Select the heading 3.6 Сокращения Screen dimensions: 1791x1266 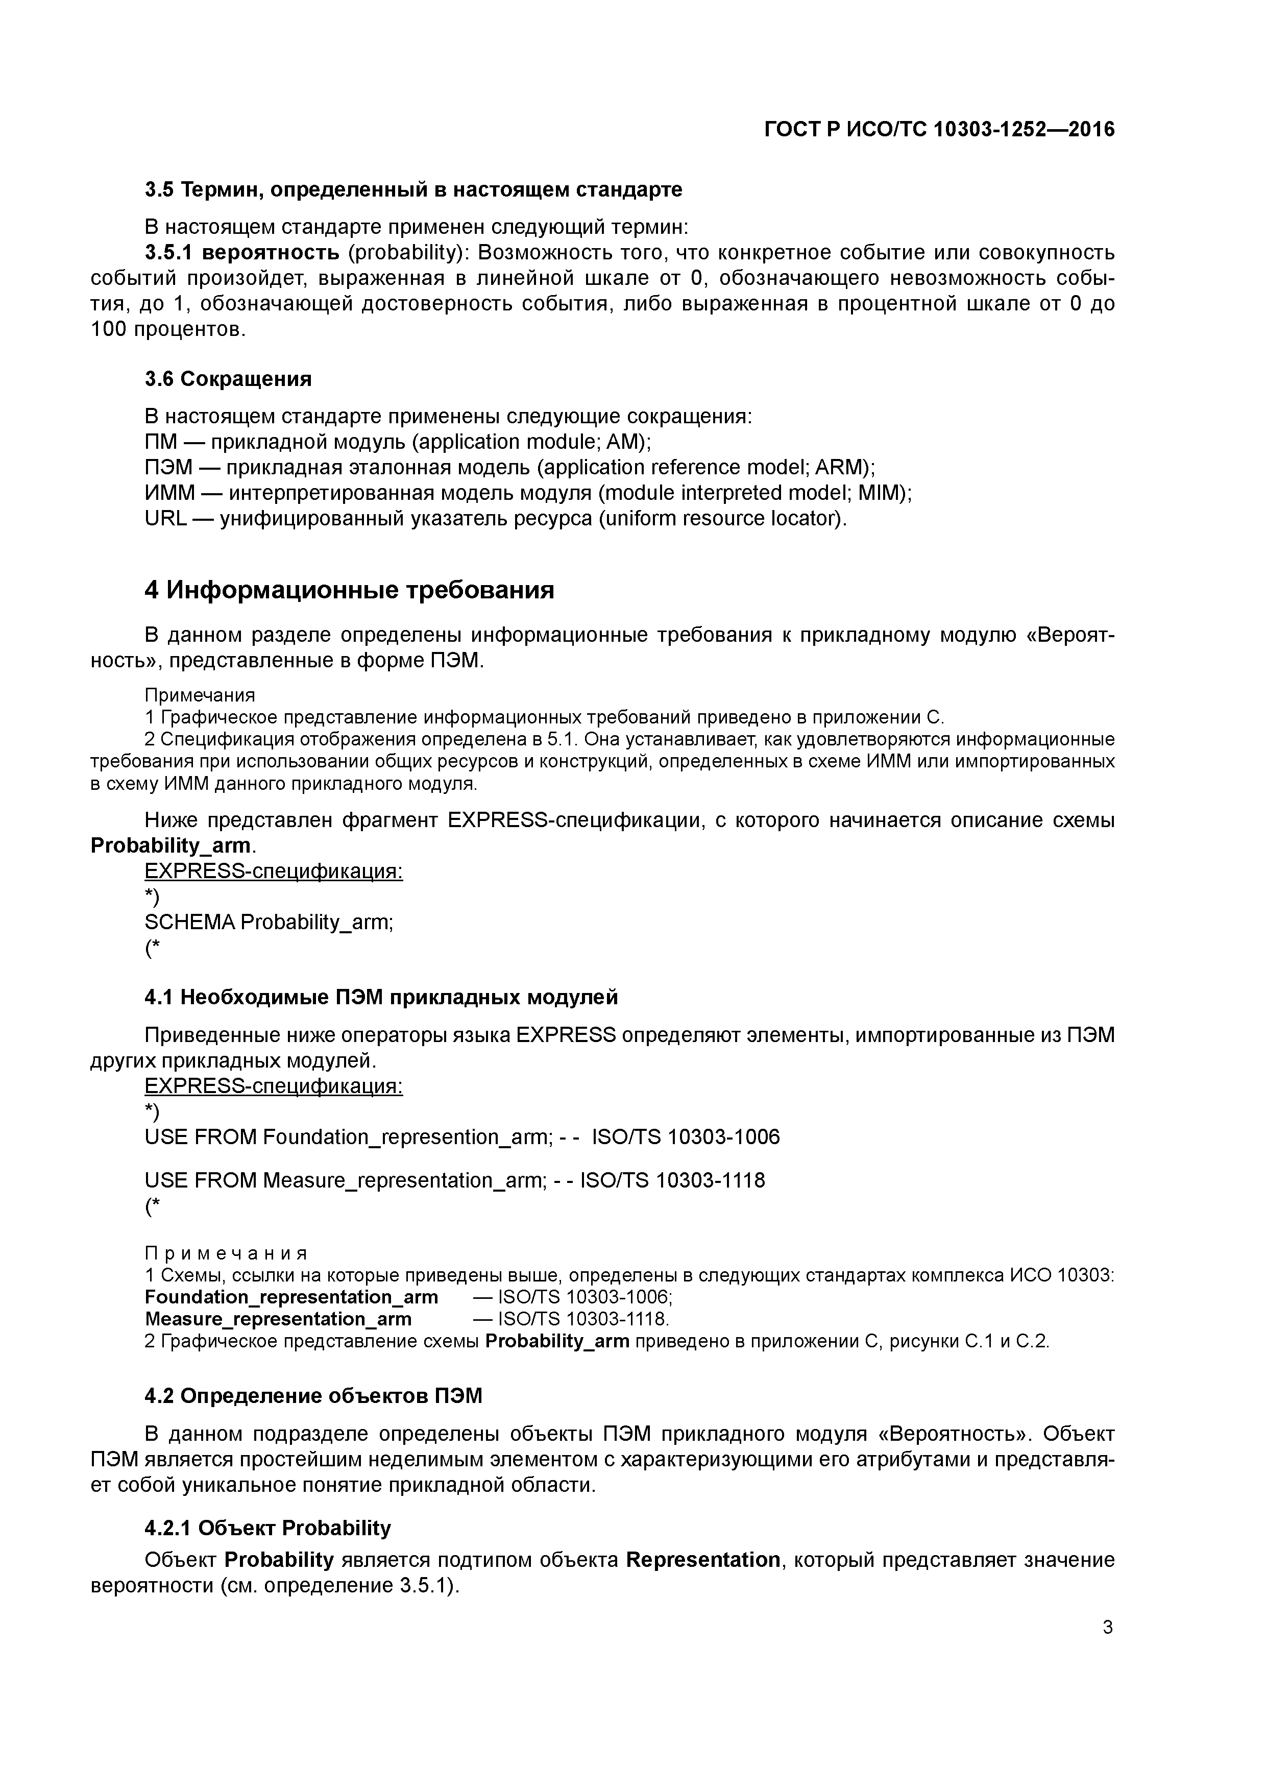point(228,379)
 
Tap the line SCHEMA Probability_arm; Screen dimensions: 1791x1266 point(269,922)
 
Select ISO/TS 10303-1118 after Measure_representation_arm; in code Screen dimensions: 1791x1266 point(672,1180)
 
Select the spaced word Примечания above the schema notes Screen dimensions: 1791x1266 point(226,1253)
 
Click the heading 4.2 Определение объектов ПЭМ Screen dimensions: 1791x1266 point(313,1396)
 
